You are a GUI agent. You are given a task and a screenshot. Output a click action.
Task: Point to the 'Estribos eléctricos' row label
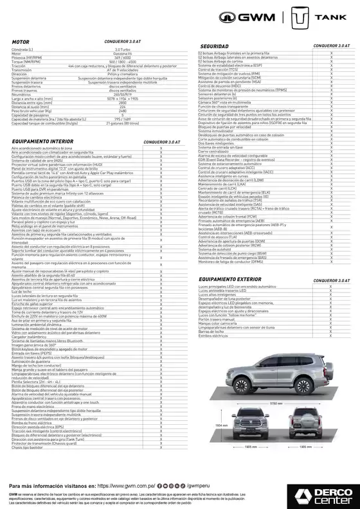(x=213, y=335)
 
